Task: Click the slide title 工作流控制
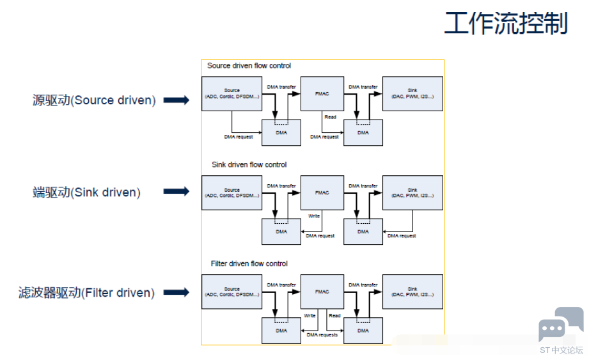506,24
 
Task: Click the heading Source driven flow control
249,66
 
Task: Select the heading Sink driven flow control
249,165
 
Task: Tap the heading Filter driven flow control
249,263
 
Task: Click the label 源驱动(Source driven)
94,100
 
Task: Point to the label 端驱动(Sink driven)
86,192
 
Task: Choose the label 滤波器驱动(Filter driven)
86,293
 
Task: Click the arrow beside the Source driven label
177,100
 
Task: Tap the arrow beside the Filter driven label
177,293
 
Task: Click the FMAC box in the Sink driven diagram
322,192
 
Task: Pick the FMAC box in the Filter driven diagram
322,292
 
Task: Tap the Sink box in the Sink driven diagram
412,192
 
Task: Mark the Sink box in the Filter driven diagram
412,292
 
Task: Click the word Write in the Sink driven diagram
314,216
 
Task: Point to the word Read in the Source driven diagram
330,117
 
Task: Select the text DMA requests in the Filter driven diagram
322,334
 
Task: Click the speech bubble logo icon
560,324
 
